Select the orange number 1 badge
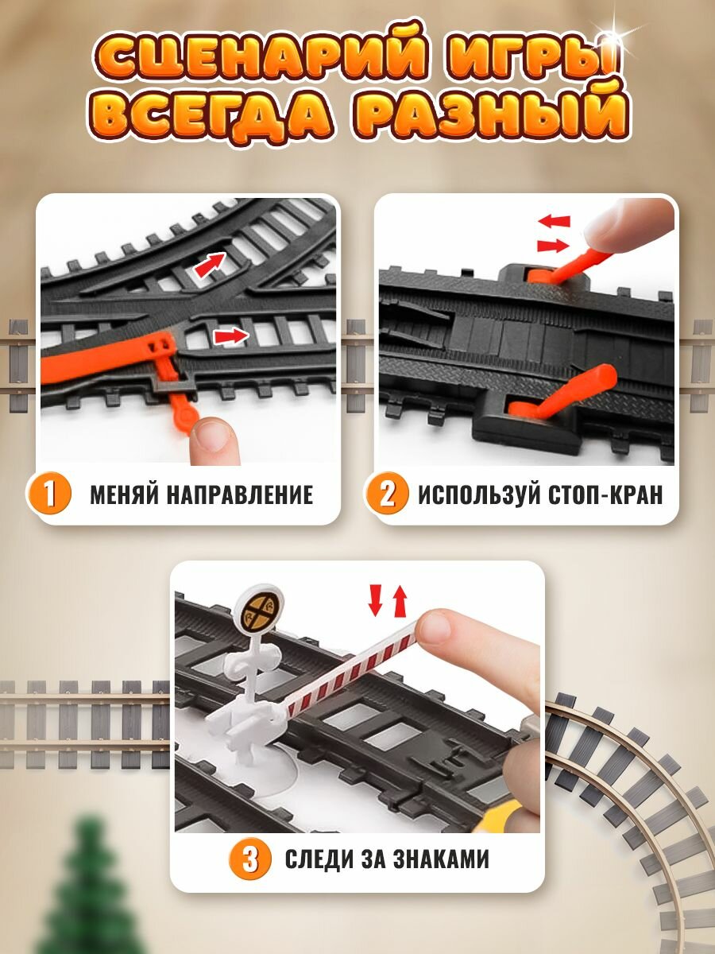(x=50, y=494)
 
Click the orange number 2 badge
(x=387, y=494)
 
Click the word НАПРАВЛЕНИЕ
(x=240, y=494)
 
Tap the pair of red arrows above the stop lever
(x=553, y=234)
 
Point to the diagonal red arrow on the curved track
(x=209, y=266)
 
